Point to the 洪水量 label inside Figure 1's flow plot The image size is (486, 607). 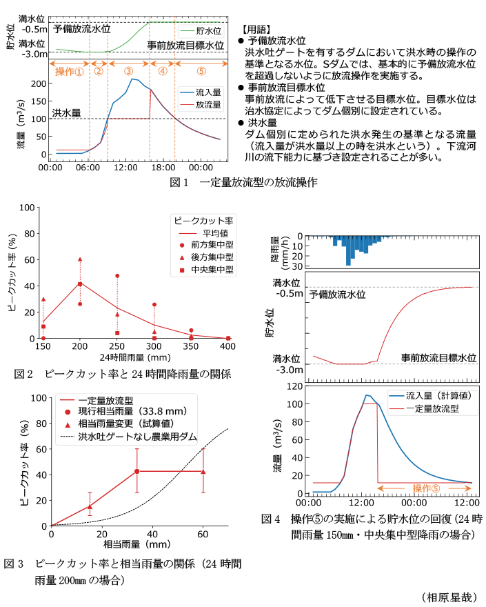[66, 112]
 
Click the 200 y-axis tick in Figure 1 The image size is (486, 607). [38, 83]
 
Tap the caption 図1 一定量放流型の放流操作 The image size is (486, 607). [244, 183]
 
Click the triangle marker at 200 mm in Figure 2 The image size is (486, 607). [80, 259]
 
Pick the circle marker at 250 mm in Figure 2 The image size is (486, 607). [117, 276]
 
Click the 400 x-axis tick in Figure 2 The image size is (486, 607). [228, 346]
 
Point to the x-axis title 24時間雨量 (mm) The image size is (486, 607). [135, 357]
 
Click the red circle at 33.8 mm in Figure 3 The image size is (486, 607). [136, 471]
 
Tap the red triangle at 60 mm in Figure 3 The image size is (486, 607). [203, 471]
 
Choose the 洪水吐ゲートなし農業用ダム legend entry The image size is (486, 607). [138, 437]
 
